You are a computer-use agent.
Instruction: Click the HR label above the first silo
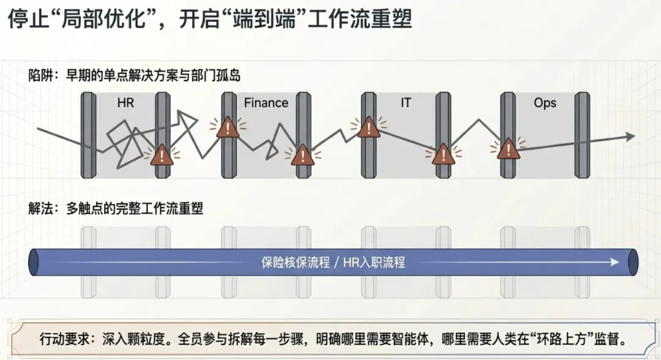pos(125,103)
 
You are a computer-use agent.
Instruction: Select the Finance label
pos(266,103)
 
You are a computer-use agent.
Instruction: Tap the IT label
pos(406,103)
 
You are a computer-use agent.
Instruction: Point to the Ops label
pos(545,103)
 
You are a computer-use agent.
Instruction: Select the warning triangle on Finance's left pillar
pos(228,128)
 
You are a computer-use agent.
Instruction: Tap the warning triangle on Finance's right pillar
pos(302,156)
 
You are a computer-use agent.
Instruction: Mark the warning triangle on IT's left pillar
pos(369,127)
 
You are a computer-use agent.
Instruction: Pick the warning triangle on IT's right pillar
pos(442,155)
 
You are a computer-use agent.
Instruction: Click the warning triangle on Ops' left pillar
pos(508,149)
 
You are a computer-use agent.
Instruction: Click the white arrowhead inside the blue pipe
pos(614,263)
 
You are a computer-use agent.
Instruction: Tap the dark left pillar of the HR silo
pos(89,135)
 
